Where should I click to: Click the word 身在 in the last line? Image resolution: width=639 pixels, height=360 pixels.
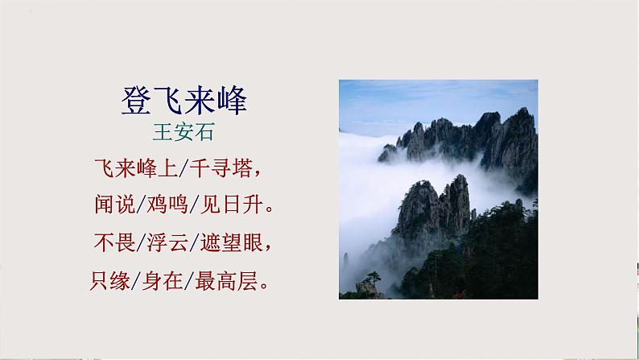pos(165,281)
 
